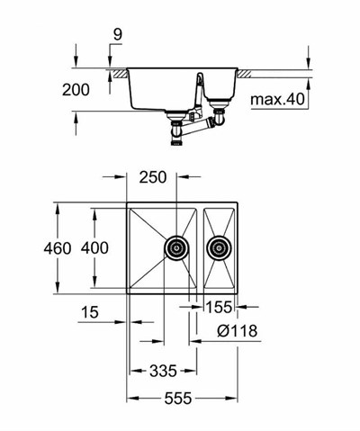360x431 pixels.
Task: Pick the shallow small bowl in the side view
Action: (218, 83)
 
